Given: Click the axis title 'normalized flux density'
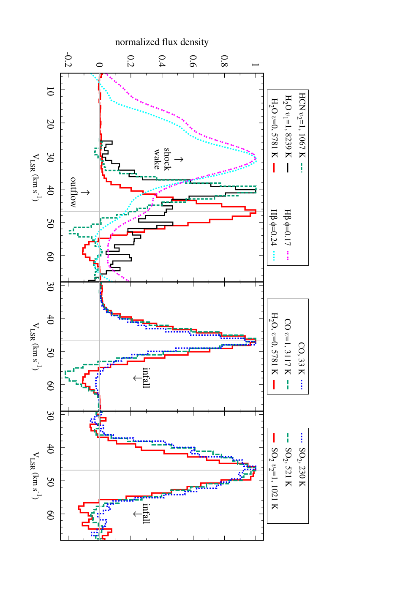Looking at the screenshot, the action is [x=162, y=42].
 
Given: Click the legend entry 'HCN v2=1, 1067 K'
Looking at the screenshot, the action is [x=302, y=132].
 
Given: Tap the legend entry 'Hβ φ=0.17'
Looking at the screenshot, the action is [x=287, y=234].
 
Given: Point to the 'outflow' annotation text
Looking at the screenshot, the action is [x=73, y=192].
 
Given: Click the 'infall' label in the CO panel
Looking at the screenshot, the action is [x=146, y=378].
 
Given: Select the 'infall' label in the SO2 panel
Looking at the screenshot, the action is [x=146, y=514].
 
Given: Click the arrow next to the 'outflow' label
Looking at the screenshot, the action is [x=85, y=193].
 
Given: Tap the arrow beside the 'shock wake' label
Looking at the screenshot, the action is [x=179, y=159].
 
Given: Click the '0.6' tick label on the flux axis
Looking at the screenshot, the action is [x=193, y=61].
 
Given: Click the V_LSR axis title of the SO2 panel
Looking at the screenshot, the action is [x=35, y=476].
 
